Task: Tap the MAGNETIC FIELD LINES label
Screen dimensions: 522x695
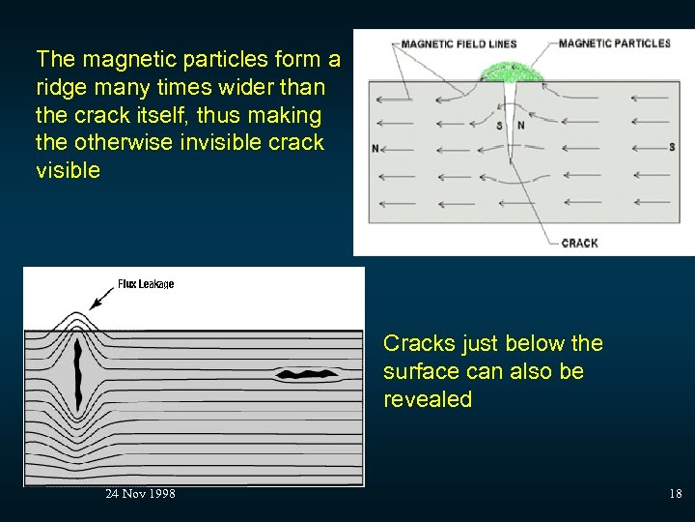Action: click(459, 43)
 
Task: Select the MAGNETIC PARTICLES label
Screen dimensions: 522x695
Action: click(614, 43)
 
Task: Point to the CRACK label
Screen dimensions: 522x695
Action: click(579, 244)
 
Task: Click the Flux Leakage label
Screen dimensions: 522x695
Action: click(146, 284)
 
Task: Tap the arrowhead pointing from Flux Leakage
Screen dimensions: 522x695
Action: click(93, 304)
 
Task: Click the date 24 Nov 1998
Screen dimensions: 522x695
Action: click(140, 494)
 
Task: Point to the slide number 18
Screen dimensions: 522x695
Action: click(675, 494)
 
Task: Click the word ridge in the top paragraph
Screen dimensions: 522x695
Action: click(60, 88)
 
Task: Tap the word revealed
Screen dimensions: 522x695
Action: click(428, 399)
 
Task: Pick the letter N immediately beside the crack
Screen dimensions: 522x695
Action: click(520, 126)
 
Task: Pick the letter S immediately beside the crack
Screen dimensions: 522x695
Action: click(499, 126)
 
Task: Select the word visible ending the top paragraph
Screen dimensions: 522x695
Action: click(68, 171)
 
